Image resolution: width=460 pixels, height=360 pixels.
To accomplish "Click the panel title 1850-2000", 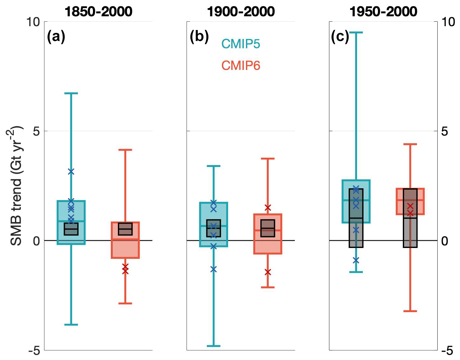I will [x=98, y=12].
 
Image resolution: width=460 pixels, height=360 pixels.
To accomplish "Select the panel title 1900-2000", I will [x=241, y=12].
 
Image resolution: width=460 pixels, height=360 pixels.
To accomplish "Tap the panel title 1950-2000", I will [x=383, y=12].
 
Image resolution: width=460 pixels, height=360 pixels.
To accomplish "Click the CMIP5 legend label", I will [x=241, y=44].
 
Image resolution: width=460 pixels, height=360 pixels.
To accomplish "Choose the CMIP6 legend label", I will [x=241, y=65].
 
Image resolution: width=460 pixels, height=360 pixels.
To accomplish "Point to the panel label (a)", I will [x=56, y=37].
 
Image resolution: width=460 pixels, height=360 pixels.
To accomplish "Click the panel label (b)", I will [x=199, y=37].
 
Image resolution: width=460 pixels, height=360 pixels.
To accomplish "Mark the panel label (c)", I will [x=340, y=37].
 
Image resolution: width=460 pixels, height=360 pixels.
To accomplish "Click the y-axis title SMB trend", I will [x=16, y=186].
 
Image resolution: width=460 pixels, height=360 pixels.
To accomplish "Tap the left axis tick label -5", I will [x=34, y=350].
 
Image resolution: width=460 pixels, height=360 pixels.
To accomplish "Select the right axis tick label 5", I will [x=444, y=131].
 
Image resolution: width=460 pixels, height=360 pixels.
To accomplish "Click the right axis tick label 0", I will [x=444, y=241].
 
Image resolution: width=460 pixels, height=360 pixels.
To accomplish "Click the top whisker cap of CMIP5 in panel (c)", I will [x=356, y=33].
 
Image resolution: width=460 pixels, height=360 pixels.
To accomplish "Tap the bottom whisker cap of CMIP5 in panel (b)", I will [x=213, y=346].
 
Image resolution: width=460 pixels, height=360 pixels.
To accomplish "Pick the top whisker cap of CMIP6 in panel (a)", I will [x=125, y=150].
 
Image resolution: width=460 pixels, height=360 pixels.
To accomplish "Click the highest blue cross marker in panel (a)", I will [x=71, y=172].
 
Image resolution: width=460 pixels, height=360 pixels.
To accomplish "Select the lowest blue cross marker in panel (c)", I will [x=356, y=260].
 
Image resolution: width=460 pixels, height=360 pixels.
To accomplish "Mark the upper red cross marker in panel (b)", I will [x=268, y=208].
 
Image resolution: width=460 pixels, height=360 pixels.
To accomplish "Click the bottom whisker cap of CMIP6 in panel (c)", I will [x=410, y=311].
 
